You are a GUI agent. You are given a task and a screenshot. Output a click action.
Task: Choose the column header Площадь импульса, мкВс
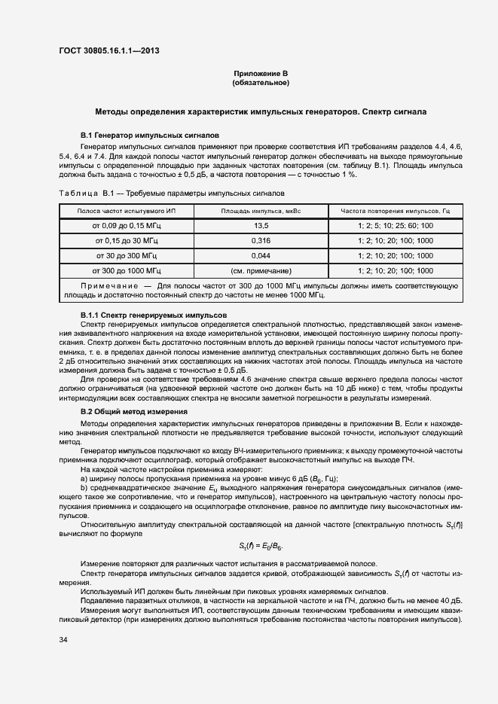261,212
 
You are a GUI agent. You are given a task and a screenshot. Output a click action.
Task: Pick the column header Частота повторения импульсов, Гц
395,212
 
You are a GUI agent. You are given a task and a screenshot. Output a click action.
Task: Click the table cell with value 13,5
261,226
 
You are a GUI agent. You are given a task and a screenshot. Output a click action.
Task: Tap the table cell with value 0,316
261,241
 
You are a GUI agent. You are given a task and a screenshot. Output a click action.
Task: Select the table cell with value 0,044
261,255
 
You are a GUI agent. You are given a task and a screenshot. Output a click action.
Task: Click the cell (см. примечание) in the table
261,270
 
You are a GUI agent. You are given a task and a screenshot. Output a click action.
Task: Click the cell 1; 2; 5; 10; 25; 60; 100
395,226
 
